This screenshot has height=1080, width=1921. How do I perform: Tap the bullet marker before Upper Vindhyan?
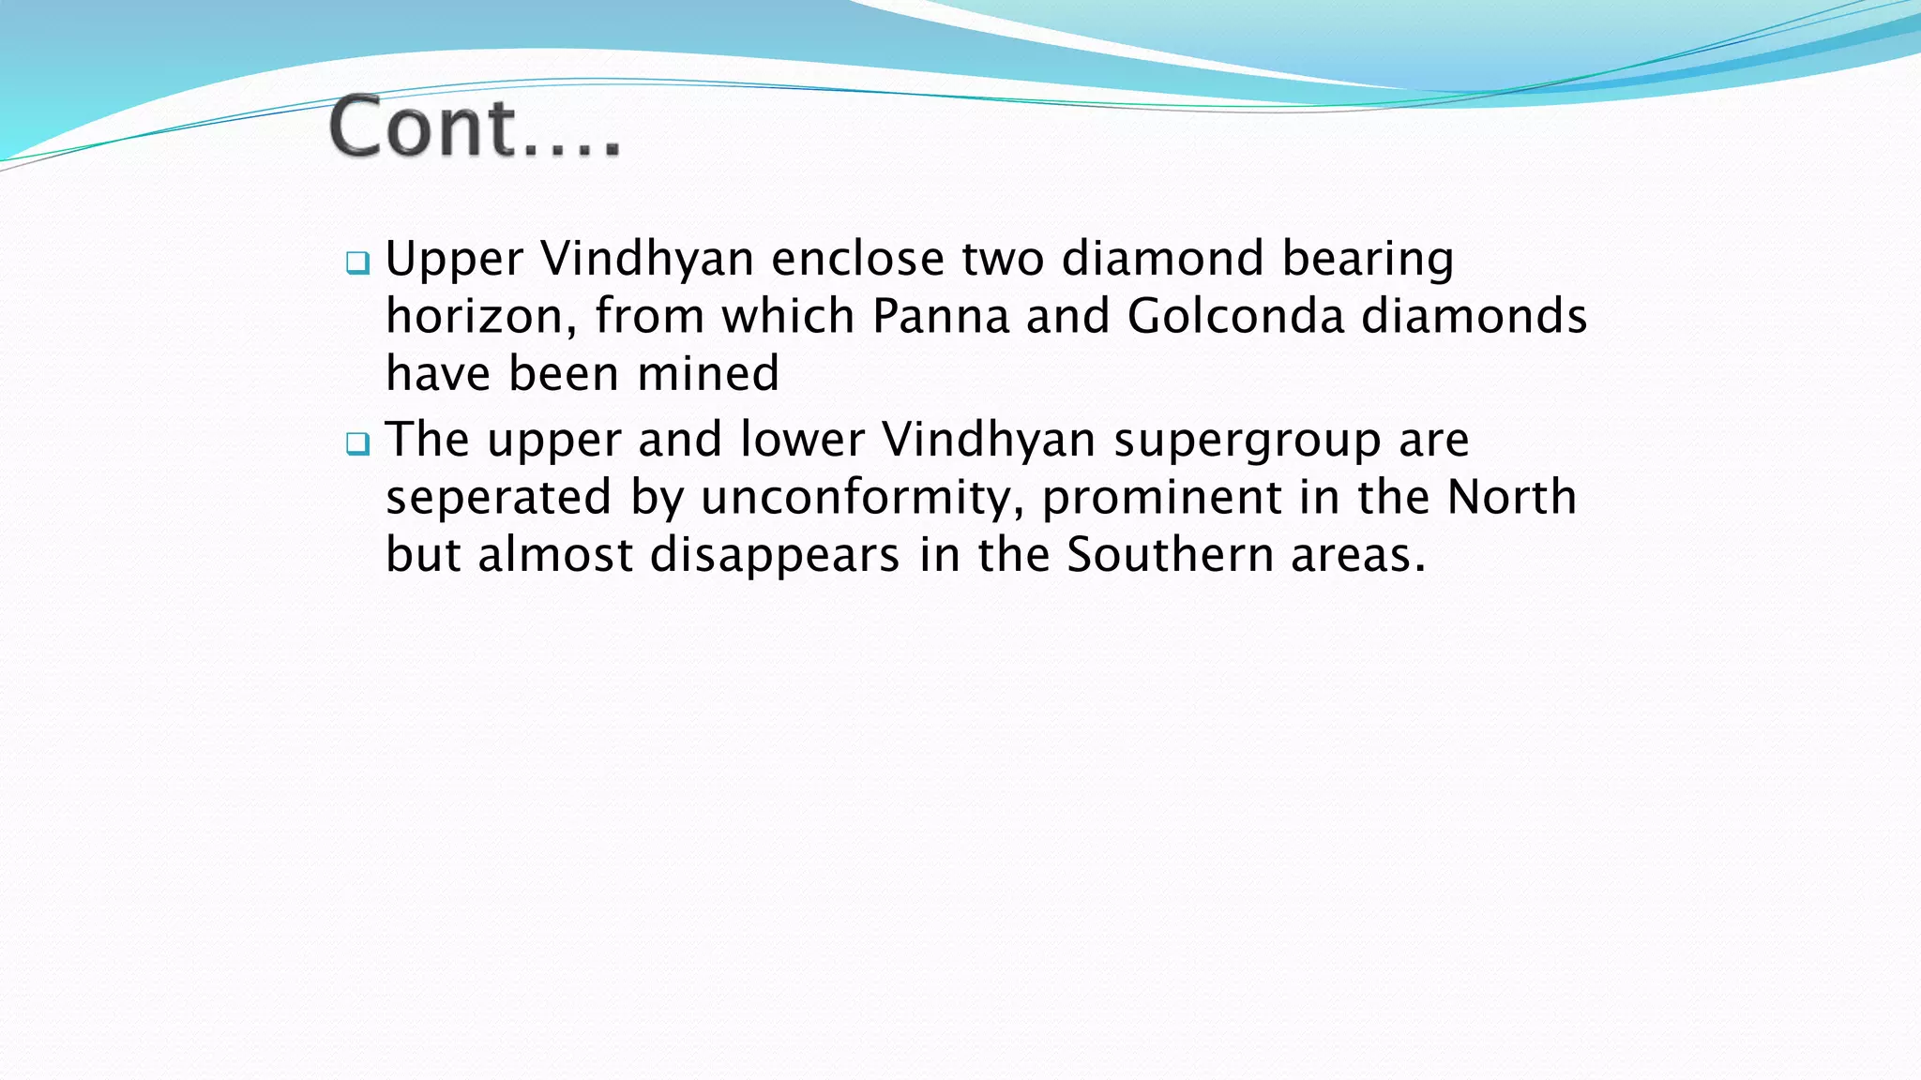(x=357, y=262)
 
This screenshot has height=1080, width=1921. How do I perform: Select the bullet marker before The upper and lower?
(x=357, y=443)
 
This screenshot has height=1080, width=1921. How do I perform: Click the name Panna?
(x=941, y=316)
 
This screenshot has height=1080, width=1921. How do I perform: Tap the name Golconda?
(x=1235, y=316)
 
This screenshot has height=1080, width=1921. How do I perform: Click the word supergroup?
(x=1247, y=441)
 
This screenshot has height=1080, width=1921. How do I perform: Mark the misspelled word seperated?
(x=498, y=497)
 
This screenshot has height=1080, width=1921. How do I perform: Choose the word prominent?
(x=1161, y=497)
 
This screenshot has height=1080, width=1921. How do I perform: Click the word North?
(x=1511, y=497)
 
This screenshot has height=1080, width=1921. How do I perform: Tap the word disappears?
(x=775, y=555)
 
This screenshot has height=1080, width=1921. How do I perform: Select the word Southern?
(x=1170, y=555)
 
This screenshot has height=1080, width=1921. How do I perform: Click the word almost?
(x=555, y=555)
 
